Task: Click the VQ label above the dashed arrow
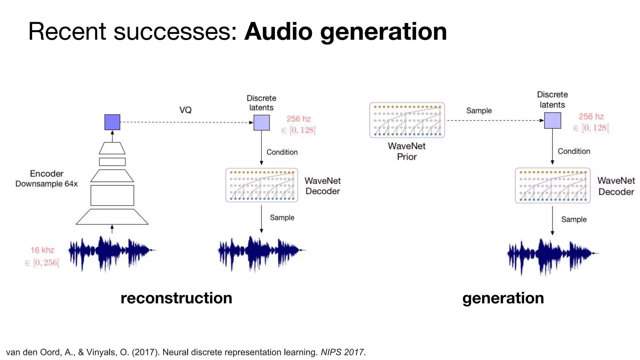click(185, 110)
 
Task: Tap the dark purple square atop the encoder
click(112, 122)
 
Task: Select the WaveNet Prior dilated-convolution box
click(407, 120)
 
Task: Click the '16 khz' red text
click(42, 250)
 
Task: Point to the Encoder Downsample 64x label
click(47, 179)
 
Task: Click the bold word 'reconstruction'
click(176, 298)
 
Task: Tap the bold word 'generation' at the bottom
click(503, 298)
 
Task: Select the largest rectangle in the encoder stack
click(112, 195)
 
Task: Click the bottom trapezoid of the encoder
click(112, 217)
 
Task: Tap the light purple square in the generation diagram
click(552, 121)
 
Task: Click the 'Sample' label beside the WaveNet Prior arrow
click(479, 111)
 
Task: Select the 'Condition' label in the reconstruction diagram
click(282, 152)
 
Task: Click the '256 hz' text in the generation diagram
click(591, 117)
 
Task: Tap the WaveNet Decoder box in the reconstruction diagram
click(262, 185)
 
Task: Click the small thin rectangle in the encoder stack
click(112, 162)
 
